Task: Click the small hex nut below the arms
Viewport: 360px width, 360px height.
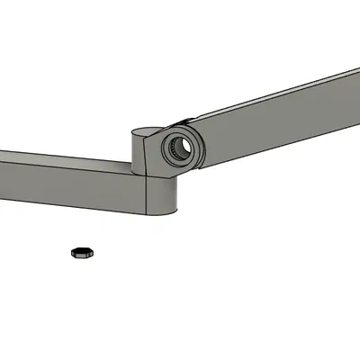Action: [82, 252]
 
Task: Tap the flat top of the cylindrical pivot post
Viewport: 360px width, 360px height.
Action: [144, 135]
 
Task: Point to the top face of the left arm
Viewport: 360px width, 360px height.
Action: [63, 161]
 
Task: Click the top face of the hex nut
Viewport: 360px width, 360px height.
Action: [82, 249]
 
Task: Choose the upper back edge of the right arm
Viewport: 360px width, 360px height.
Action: [270, 91]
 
